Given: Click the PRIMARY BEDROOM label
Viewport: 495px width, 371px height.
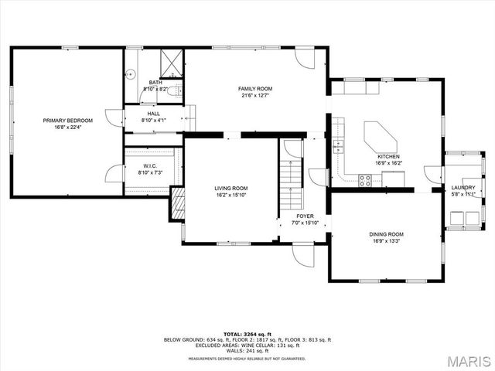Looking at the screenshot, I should [68, 121].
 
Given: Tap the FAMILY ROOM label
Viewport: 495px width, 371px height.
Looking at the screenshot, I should [254, 89].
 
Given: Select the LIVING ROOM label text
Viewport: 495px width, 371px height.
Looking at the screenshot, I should [230, 189].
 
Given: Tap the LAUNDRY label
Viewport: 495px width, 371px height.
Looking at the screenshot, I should [463, 188].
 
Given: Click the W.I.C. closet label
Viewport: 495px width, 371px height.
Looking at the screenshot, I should [151, 166].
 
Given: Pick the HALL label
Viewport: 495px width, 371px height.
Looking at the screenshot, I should [154, 114].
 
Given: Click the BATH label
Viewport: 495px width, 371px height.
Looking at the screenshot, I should [155, 83].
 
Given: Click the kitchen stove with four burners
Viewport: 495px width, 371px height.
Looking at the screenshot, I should [365, 180].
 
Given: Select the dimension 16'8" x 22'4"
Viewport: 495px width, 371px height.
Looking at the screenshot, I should [68, 128].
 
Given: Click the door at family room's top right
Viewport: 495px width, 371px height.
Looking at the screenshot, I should [306, 58].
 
